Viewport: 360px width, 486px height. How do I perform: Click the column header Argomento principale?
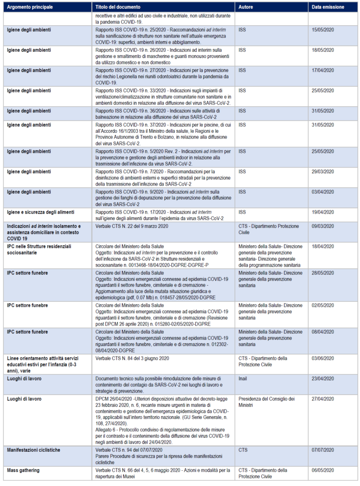pos(30,8)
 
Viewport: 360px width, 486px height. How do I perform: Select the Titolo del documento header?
pos(118,8)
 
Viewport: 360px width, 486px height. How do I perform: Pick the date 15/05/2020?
pos(323,30)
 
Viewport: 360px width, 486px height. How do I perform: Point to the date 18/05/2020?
pos(323,50)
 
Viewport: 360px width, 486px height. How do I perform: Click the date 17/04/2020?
pos(323,70)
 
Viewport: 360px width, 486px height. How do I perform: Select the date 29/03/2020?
pos(323,171)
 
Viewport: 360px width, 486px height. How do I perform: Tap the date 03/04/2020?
pos(323,192)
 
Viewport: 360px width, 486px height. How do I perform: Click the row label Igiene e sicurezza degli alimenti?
pos(40,212)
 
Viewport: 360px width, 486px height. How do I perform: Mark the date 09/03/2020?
pos(323,226)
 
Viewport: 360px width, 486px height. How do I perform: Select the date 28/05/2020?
pos(323,273)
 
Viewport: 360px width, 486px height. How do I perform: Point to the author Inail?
pos(243,379)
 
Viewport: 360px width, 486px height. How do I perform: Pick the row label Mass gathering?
pos(23,470)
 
